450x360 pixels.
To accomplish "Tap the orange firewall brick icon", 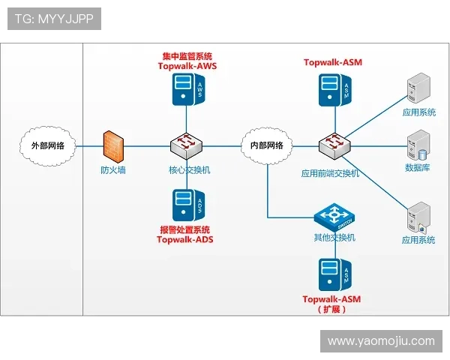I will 113,145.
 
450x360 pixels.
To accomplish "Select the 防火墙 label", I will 113,170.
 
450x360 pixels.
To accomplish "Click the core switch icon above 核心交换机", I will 184,145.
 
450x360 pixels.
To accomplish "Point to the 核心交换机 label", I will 189,170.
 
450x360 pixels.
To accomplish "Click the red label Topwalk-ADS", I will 185,240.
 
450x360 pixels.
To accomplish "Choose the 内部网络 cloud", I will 268,145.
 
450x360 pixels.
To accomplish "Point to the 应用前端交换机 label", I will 331,173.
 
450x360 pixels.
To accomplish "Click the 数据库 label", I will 417,168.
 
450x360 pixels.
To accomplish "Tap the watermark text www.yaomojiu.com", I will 381,341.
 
